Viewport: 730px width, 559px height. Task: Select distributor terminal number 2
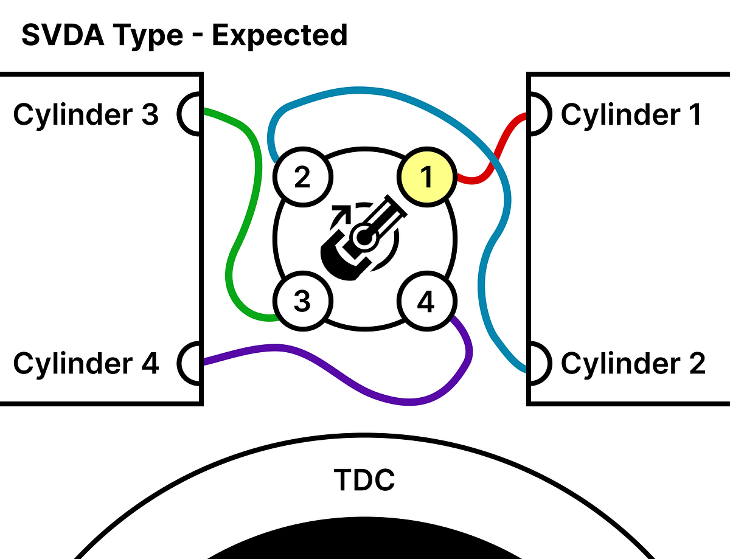(302, 178)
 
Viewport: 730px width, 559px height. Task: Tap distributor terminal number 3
(302, 301)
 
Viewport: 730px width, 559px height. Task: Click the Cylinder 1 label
(631, 114)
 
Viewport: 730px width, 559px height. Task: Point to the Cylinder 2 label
(633, 363)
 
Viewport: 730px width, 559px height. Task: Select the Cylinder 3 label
(86, 114)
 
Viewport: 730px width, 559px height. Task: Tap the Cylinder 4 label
(86, 363)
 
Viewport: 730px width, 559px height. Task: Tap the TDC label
(364, 479)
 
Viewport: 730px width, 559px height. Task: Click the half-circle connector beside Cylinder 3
(190, 113)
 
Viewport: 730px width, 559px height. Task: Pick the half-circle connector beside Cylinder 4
(190, 363)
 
